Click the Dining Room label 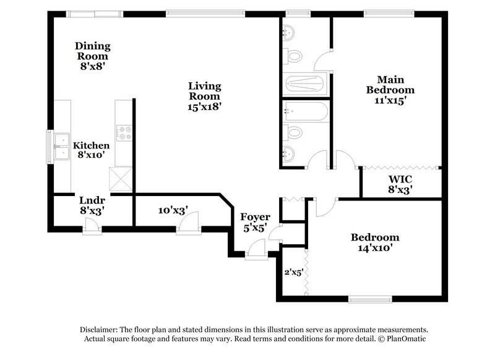pyautogui.click(x=93, y=46)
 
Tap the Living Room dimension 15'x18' pyautogui.click(x=204, y=106)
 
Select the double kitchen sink pyautogui.click(x=61, y=147)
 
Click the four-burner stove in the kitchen pyautogui.click(x=123, y=132)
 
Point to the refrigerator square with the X pyautogui.click(x=120, y=180)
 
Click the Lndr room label pyautogui.click(x=91, y=200)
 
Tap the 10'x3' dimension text pyautogui.click(x=173, y=210)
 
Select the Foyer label pyautogui.click(x=254, y=217)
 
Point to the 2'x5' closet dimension pyautogui.click(x=292, y=272)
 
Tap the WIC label pyautogui.click(x=400, y=179)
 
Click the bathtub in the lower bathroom pyautogui.click(x=305, y=112)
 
